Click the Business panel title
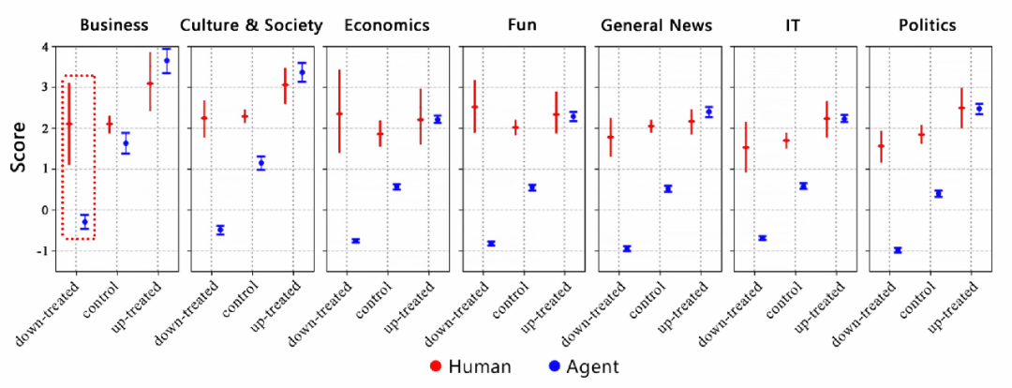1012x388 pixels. [115, 25]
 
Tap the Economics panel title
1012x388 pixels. [387, 25]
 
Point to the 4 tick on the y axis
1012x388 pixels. [44, 47]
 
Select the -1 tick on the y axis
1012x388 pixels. [42, 251]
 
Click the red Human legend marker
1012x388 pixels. [435, 366]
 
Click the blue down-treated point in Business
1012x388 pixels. [85, 221]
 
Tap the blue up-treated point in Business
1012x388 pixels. [167, 61]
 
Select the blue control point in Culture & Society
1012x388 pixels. [261, 163]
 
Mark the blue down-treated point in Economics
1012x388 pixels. [356, 241]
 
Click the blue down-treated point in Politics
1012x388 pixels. [898, 250]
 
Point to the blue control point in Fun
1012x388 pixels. [532, 187]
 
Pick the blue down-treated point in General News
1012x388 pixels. [627, 248]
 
